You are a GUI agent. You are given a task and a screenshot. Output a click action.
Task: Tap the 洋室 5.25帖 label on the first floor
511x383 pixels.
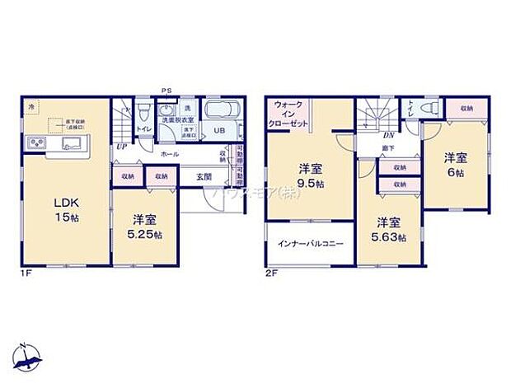[x=145, y=227]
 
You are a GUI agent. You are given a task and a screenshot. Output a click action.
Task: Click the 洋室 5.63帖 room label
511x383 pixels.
[x=390, y=229]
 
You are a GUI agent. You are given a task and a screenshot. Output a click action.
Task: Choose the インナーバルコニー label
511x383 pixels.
[x=310, y=244]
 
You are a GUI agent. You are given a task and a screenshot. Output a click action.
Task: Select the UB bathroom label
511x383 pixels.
[x=220, y=130]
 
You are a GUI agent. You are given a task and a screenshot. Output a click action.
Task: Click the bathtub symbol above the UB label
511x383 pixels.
[x=221, y=111]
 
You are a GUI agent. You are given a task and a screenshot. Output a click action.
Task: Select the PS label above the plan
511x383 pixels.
[x=166, y=91]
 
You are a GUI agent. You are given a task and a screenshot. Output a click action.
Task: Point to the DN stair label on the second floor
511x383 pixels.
[x=387, y=134]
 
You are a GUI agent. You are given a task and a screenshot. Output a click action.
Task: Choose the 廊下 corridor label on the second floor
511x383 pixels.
[x=387, y=148]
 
